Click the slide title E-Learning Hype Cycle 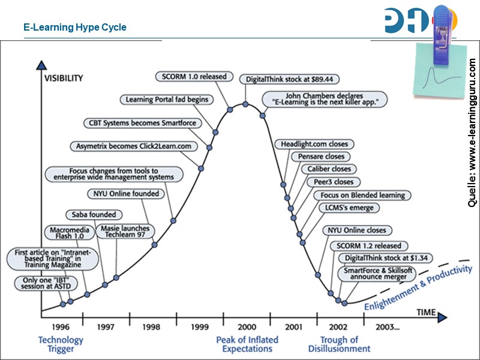(75, 28)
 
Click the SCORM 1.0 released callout (193, 76)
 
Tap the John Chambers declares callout (324, 99)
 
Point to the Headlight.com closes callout (314, 144)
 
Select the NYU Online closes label (356, 230)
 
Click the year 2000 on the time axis (247, 327)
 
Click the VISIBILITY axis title (64, 78)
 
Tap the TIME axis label (426, 313)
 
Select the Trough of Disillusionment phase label (339, 344)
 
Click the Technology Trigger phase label (61, 344)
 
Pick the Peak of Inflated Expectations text (247, 344)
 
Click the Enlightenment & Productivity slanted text (418, 289)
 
